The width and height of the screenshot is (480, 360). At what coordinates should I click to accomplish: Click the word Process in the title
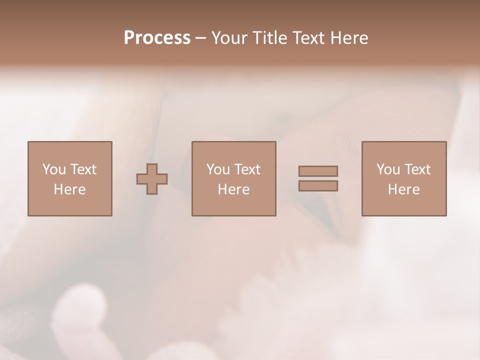click(157, 38)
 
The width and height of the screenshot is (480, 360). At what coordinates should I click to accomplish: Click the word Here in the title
click(350, 38)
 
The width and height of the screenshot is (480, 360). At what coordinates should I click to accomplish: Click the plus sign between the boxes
click(152, 179)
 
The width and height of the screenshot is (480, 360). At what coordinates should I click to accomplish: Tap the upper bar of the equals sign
click(318, 171)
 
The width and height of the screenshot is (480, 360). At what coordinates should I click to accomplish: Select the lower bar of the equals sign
click(318, 186)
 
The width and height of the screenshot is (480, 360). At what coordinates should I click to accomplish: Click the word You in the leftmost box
click(54, 169)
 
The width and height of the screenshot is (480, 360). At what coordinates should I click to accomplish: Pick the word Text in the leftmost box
click(83, 169)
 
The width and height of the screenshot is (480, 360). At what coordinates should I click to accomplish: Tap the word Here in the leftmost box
click(69, 189)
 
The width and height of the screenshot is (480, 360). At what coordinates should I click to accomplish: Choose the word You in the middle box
click(218, 169)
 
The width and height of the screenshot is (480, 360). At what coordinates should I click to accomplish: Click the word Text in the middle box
click(247, 169)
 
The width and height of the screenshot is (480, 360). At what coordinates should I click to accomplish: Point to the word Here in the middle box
click(233, 189)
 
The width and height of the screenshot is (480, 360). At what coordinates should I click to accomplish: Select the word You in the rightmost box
click(388, 169)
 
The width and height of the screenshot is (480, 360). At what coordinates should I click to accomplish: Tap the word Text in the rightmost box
click(417, 169)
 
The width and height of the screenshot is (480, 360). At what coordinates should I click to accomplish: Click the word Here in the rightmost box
click(403, 189)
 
